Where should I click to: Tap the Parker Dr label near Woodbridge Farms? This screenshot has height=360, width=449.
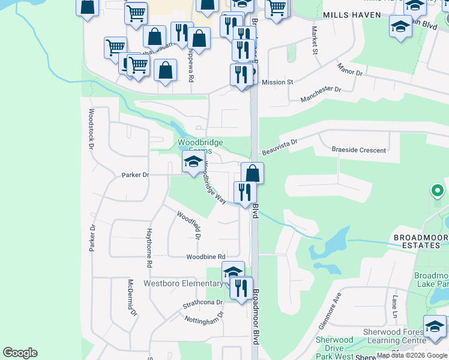(x=135, y=175)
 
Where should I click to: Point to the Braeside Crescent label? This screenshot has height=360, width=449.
(x=359, y=150)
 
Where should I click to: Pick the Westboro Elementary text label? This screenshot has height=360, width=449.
(x=182, y=283)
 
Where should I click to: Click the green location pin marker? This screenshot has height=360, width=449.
(x=438, y=191)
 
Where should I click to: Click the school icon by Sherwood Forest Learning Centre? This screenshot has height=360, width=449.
(x=435, y=327)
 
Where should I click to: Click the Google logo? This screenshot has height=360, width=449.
(x=20, y=353)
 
